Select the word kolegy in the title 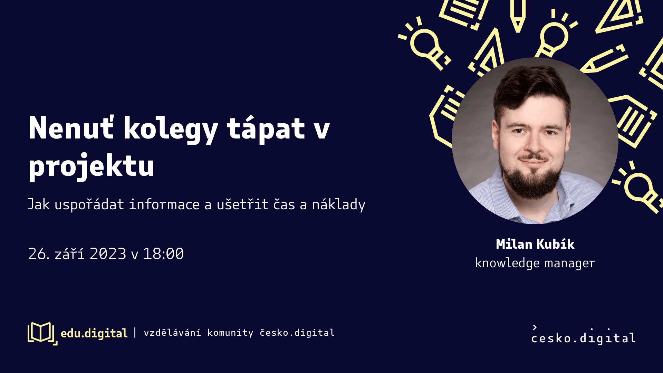(x=171, y=130)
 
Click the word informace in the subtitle (x=164, y=204)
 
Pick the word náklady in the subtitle (x=339, y=204)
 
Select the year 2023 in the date (x=108, y=254)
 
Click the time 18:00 (x=163, y=254)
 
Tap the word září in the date (x=69, y=254)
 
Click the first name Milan (x=514, y=244)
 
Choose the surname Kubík (x=556, y=244)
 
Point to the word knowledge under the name (x=507, y=263)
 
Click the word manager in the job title (x=570, y=264)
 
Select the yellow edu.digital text (x=94, y=333)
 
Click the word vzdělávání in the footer (x=172, y=333)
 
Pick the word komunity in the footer (x=230, y=333)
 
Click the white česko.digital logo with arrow (x=584, y=335)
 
